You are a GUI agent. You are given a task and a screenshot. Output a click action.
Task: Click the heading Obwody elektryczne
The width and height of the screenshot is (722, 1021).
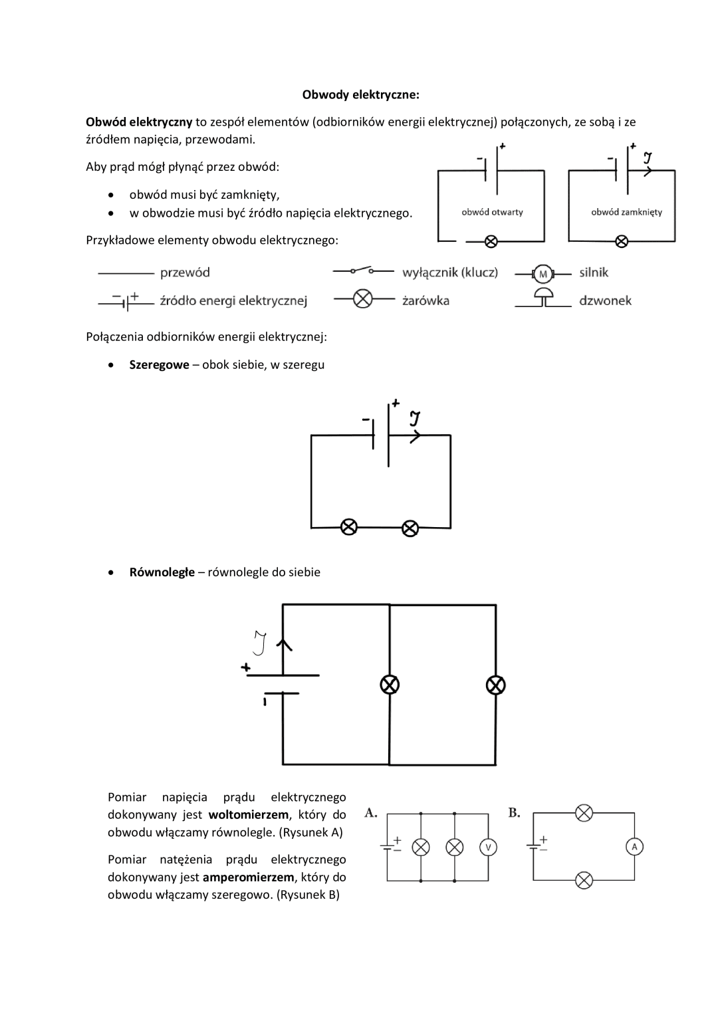[x=360, y=95]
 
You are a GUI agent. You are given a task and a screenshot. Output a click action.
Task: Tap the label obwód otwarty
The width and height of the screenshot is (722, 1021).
[x=492, y=212]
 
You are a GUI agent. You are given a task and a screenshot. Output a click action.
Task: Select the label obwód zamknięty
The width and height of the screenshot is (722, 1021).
[x=626, y=212]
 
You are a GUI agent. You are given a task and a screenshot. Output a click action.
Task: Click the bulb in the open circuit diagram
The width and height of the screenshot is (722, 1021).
[x=491, y=241]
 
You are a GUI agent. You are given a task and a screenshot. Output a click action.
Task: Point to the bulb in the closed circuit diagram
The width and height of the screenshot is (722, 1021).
[x=622, y=241]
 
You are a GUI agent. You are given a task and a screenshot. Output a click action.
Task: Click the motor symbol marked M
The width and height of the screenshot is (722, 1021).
[x=543, y=275]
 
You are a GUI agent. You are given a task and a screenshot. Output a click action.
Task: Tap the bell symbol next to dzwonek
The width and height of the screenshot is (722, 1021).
[x=543, y=297]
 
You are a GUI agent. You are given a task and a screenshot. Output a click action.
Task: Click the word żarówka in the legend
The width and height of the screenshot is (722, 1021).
[x=425, y=301]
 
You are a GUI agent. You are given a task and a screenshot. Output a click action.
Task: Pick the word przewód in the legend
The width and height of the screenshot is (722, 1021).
[x=185, y=273]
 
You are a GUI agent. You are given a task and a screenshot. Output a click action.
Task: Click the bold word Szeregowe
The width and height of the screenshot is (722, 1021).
[x=159, y=365]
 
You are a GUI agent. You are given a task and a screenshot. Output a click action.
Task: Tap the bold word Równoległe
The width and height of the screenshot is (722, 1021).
[x=162, y=572]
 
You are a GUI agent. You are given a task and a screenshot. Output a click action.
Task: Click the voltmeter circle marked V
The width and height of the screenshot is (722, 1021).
[x=488, y=848]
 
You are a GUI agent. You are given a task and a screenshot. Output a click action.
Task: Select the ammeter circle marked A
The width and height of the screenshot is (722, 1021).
[x=634, y=847]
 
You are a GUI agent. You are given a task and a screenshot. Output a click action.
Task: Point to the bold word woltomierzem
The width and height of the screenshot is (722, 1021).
[x=249, y=814]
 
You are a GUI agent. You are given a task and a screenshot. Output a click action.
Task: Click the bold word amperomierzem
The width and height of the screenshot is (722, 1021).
[x=249, y=877]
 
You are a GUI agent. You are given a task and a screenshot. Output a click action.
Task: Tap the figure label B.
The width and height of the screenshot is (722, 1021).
[x=514, y=813]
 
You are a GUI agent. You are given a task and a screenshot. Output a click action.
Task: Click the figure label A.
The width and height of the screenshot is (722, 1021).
[x=370, y=813]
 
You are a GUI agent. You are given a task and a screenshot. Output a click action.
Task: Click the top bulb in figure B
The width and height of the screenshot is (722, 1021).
[x=584, y=813]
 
